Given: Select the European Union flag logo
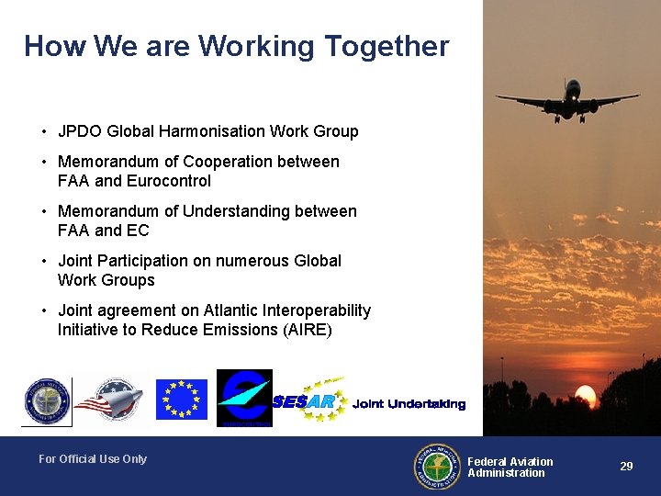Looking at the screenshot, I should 181,400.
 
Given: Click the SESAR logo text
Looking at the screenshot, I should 304,401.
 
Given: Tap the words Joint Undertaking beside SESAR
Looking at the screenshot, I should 409,404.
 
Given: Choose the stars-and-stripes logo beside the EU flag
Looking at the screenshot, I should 109,400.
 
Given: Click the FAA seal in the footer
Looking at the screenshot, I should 438,468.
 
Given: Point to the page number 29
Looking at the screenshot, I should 626,467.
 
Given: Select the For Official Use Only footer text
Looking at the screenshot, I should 93,459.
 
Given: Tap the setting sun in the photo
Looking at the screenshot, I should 585,398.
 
